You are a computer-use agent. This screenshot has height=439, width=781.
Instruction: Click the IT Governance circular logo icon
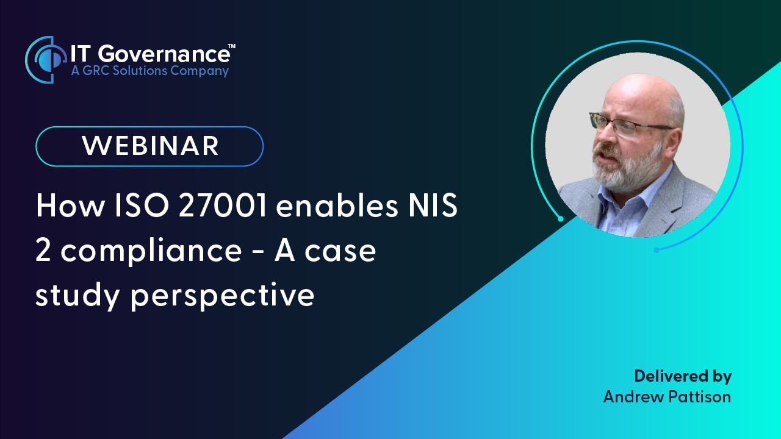tap(46, 59)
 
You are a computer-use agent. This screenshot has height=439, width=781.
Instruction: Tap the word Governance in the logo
tap(163, 54)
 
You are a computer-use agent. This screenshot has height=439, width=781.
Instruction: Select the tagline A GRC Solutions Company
tap(149, 71)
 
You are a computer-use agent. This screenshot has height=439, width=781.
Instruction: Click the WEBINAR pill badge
tap(149, 146)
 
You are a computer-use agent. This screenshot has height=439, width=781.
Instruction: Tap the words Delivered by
tap(683, 376)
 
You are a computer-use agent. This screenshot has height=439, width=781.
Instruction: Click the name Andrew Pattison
tap(667, 397)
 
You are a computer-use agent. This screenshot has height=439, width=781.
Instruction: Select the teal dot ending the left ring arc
tap(560, 218)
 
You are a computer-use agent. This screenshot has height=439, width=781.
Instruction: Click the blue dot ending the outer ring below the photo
tap(657, 250)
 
